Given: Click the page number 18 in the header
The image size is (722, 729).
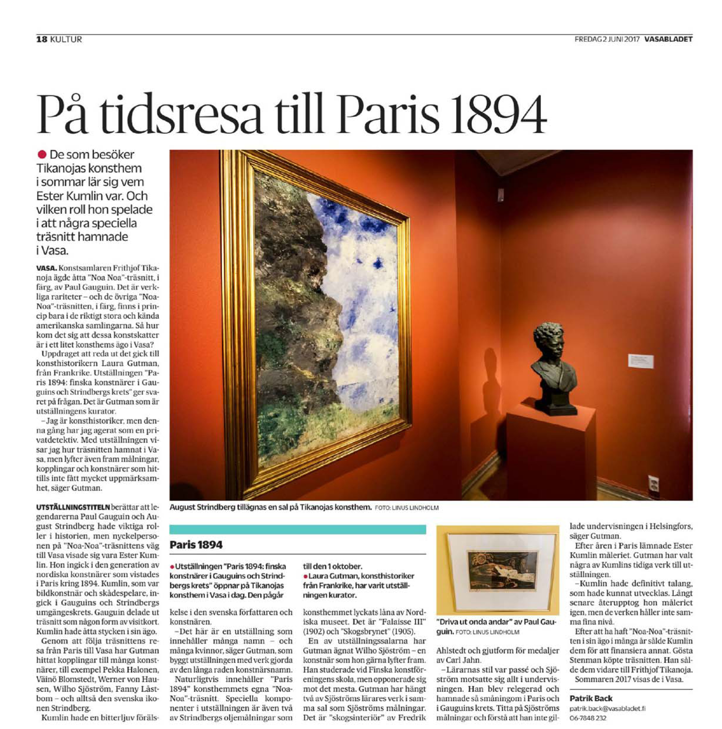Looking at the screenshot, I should [41, 39].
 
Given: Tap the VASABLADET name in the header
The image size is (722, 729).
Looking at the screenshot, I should [668, 39].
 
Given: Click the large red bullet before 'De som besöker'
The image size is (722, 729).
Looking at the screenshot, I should [42, 154].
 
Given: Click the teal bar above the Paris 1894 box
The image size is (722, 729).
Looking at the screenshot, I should [297, 529].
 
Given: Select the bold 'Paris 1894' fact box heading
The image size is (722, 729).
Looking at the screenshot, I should [196, 545].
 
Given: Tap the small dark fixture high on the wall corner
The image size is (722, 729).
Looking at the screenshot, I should [501, 194].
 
